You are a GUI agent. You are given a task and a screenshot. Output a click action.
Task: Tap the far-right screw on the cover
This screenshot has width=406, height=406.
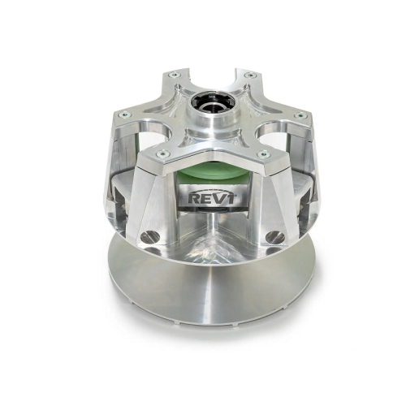[x=301, y=116]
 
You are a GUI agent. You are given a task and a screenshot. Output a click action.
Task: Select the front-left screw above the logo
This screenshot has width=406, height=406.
[x=162, y=153]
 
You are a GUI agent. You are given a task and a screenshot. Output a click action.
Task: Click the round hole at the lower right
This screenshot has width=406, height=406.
[x=274, y=237]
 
